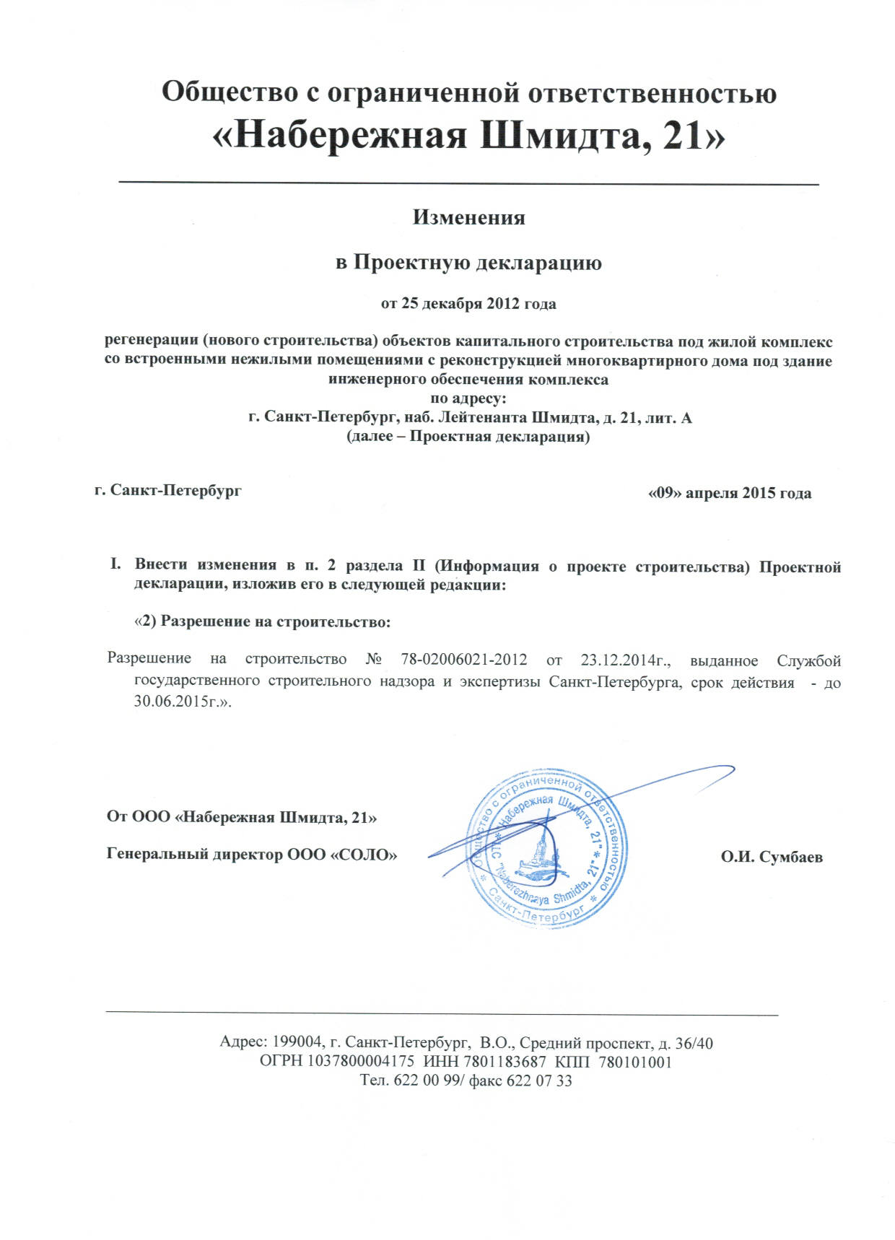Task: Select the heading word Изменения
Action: pyautogui.click(x=468, y=217)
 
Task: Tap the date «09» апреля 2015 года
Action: pyautogui.click(x=730, y=494)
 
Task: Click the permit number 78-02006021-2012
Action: pyautogui.click(x=463, y=660)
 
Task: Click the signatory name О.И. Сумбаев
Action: pyautogui.click(x=772, y=857)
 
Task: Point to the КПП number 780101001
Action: pyautogui.click(x=635, y=1062)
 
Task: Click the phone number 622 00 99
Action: pyautogui.click(x=425, y=1080)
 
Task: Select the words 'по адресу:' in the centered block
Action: pyautogui.click(x=468, y=398)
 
